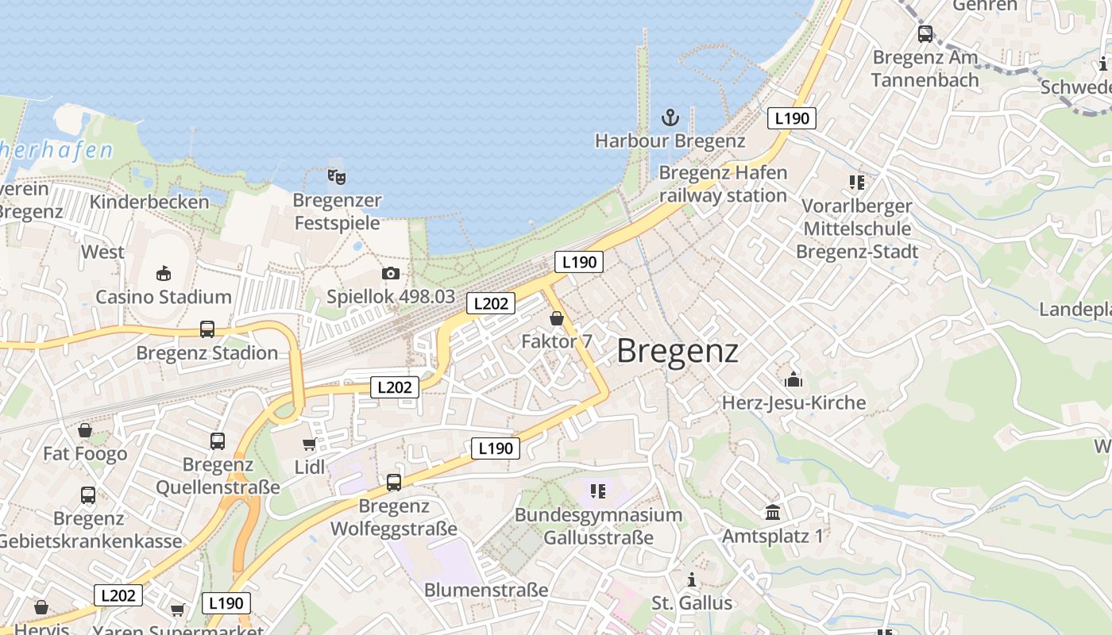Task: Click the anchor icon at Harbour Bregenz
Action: (x=670, y=118)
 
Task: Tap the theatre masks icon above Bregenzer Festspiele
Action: (x=337, y=176)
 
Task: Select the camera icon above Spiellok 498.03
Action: (x=391, y=274)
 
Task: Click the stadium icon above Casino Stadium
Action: (x=164, y=274)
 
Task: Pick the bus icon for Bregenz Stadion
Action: (x=207, y=329)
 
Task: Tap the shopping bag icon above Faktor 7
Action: (x=557, y=318)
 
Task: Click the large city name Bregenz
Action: (x=678, y=351)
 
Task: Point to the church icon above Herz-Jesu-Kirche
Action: (x=793, y=379)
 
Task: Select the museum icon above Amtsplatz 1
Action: (x=773, y=512)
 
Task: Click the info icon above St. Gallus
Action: (x=692, y=579)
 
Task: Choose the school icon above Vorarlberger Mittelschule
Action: (x=856, y=183)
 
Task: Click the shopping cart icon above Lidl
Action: (x=309, y=444)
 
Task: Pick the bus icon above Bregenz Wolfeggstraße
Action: (x=394, y=482)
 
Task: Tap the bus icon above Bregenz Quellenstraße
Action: (x=218, y=441)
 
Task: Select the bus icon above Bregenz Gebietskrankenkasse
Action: (x=88, y=495)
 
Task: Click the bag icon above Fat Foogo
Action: (x=85, y=430)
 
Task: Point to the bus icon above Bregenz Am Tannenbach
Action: (x=925, y=34)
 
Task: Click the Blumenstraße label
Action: (x=486, y=590)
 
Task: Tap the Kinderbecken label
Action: (x=149, y=202)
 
